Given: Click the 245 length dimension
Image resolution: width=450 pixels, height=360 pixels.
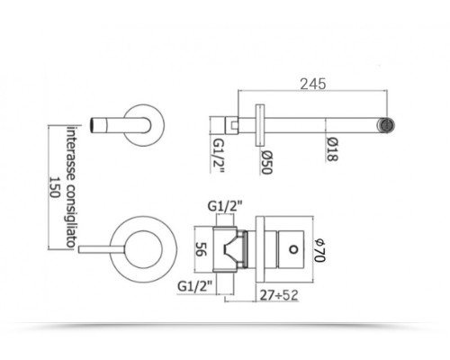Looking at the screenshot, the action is click(313, 84).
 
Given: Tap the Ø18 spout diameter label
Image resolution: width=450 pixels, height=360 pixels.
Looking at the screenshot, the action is click(332, 149).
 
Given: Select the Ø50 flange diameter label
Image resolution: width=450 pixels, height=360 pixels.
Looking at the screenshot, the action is click(266, 162).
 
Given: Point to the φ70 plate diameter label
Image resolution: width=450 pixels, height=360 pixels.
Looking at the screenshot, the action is click(319, 250).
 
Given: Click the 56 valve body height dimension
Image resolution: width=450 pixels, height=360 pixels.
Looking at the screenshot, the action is click(202, 249).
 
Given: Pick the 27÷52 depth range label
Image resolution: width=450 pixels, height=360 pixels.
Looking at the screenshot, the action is click(279, 295).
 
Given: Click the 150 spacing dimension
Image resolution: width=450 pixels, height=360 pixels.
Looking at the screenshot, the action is click(55, 186).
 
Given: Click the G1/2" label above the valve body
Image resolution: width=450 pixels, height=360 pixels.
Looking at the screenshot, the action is click(225, 206).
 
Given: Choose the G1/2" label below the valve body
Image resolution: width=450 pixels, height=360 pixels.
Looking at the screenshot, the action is click(195, 286).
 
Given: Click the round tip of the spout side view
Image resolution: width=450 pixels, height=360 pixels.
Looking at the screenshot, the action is click(386, 125).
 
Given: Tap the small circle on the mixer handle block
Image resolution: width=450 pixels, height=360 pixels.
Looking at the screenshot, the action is click(293, 249).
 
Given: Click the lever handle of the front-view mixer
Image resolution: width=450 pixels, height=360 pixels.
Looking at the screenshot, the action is click(102, 249).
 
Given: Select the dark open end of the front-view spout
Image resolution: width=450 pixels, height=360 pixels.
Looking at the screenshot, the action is click(94, 125).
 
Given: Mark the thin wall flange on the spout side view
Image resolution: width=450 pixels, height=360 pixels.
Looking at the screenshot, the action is click(260, 125).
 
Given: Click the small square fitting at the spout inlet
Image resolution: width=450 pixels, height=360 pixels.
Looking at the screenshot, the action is click(234, 125).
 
